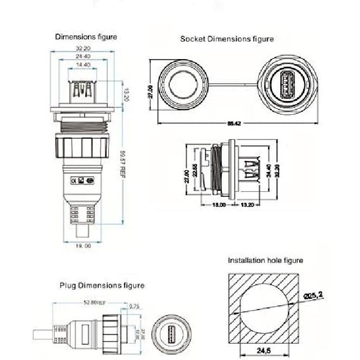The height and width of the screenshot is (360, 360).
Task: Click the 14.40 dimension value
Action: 83,64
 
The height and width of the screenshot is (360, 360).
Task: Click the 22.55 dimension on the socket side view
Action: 195,175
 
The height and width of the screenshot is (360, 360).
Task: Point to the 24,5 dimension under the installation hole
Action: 265,352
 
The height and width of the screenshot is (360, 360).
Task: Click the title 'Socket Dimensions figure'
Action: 227,39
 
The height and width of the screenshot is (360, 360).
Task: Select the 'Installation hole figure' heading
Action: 265,260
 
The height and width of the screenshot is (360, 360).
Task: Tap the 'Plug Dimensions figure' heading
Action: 101,285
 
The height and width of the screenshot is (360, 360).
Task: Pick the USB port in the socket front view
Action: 286,84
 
